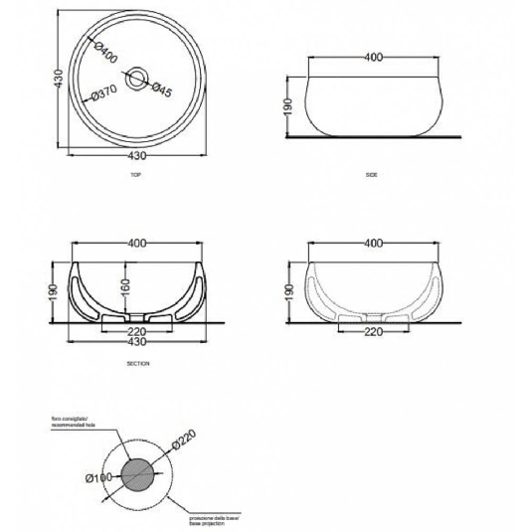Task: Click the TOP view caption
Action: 136,173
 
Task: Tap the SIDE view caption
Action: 372,175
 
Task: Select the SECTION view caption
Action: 138,364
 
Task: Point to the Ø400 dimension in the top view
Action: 106,51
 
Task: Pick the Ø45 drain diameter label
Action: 161,89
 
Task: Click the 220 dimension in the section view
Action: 137,331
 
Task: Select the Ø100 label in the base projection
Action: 98,480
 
